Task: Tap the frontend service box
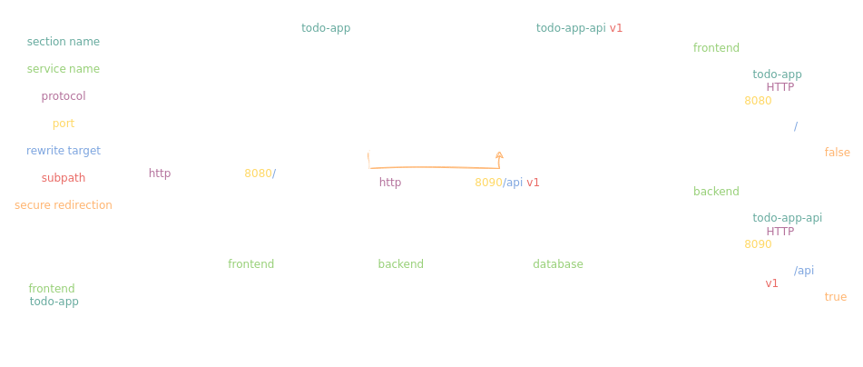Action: (271, 263)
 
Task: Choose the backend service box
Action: (421, 263)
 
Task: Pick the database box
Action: (558, 263)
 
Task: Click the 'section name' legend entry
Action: (64, 42)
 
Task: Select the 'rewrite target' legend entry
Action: (64, 150)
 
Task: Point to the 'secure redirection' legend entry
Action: (64, 204)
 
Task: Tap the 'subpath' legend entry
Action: (64, 177)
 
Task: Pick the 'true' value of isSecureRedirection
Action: (836, 296)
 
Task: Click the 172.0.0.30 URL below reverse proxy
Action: (476, 183)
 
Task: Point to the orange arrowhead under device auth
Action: (498, 157)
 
